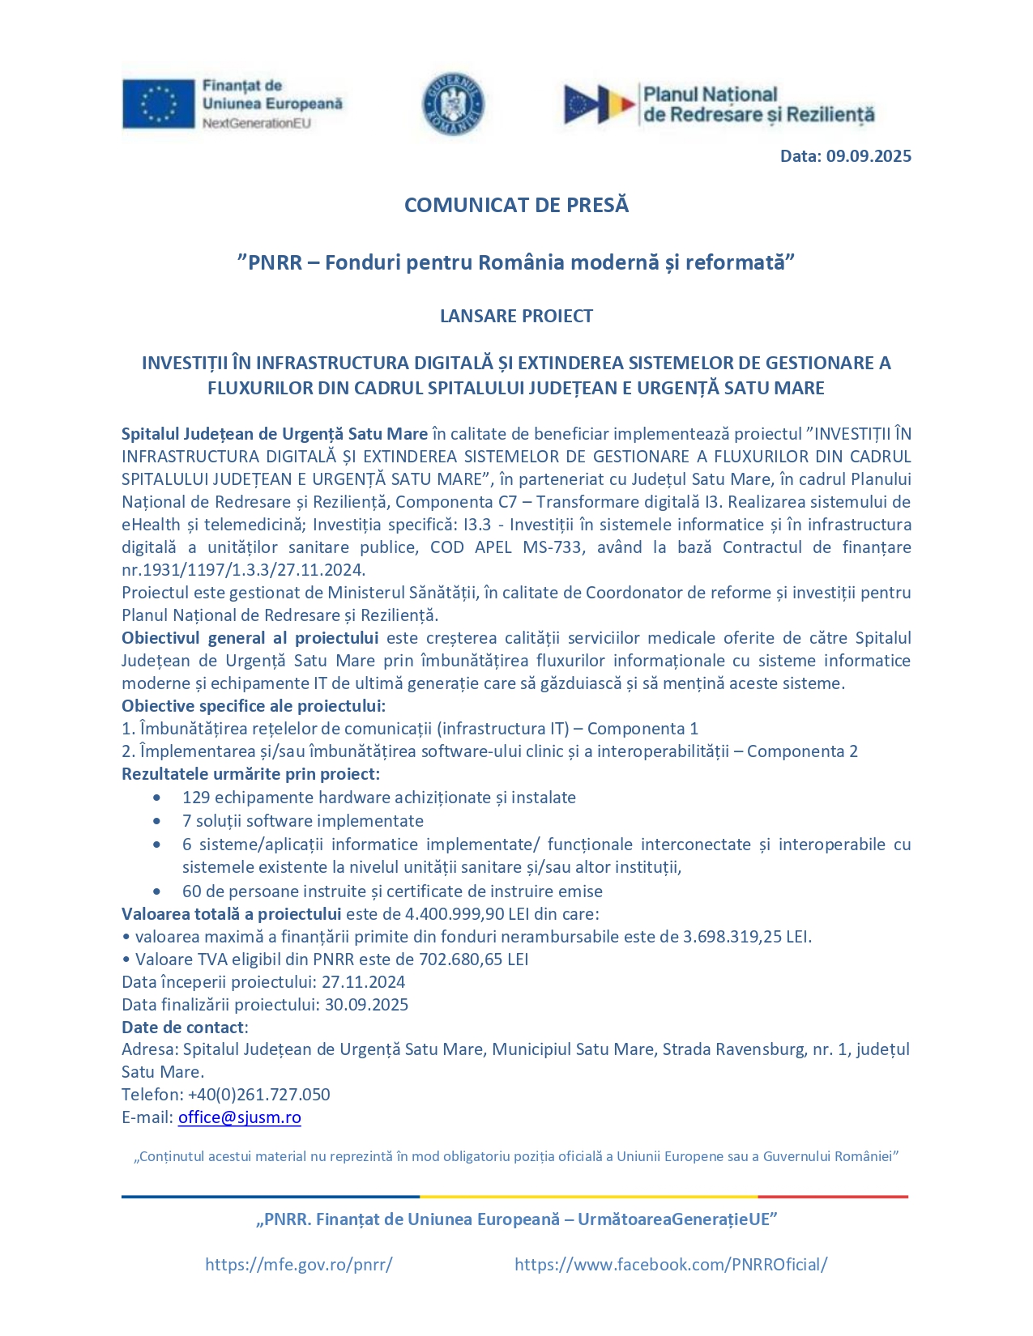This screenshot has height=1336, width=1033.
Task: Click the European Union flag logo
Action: pos(158,104)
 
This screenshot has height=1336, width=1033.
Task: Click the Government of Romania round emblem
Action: pos(454,104)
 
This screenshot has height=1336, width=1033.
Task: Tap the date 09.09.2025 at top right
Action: pos(869,156)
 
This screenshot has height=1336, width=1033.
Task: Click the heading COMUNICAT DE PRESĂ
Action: pos(516,205)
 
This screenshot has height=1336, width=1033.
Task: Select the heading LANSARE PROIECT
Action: pos(516,316)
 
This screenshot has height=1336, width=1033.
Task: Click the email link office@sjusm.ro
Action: pos(239,1117)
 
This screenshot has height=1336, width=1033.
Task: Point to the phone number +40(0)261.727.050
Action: pos(258,1095)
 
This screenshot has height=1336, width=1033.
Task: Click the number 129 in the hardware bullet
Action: pos(196,798)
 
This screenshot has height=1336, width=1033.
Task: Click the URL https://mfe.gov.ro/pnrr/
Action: pos(298,1265)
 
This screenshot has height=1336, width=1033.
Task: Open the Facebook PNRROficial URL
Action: pos(671,1265)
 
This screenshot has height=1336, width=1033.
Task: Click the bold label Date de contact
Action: pos(183,1028)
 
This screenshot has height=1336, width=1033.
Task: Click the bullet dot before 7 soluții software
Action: pos(156,821)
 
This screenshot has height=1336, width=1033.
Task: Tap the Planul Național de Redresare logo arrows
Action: pos(600,105)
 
